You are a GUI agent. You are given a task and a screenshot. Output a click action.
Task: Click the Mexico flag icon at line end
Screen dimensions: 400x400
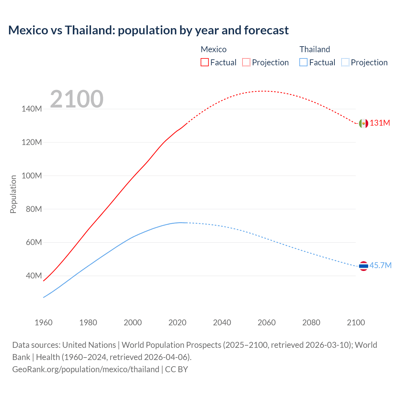(x=363, y=123)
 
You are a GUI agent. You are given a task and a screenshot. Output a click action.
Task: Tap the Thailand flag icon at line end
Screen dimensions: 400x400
(x=363, y=266)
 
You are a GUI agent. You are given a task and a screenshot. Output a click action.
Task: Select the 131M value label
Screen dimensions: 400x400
(x=380, y=123)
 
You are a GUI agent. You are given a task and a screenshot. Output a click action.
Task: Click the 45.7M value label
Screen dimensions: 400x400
(x=380, y=266)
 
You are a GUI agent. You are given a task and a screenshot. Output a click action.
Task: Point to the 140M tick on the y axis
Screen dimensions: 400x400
(x=32, y=109)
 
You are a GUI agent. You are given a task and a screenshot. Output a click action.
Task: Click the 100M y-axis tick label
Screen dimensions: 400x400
(x=32, y=176)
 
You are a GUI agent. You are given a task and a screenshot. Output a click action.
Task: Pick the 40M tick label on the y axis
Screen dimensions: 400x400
(x=33, y=276)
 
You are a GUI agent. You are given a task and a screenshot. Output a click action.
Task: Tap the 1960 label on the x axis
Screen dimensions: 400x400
(x=43, y=322)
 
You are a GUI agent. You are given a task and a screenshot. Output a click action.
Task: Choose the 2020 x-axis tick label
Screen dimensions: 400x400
(x=177, y=322)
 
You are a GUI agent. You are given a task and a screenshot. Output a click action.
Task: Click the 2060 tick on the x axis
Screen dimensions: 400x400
(x=267, y=322)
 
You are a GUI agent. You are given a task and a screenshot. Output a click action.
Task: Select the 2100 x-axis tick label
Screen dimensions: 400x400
(x=356, y=322)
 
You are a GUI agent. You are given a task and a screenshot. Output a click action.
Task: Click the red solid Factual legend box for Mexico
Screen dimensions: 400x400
(x=205, y=62)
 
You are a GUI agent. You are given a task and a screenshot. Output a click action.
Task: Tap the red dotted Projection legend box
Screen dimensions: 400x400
(x=246, y=62)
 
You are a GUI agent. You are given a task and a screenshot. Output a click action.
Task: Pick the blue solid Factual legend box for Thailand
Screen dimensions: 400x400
(x=303, y=62)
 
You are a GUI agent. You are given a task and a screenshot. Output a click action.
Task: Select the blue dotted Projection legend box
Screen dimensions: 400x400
(x=345, y=62)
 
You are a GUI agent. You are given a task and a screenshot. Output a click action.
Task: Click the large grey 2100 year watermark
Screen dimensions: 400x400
(x=77, y=99)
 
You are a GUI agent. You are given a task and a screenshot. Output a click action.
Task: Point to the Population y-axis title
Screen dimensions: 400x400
(x=13, y=194)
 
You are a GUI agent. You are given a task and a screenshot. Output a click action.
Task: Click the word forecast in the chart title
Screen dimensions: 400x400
(x=266, y=30)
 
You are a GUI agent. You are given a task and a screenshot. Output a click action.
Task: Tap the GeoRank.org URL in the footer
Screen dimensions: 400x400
(x=86, y=369)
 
